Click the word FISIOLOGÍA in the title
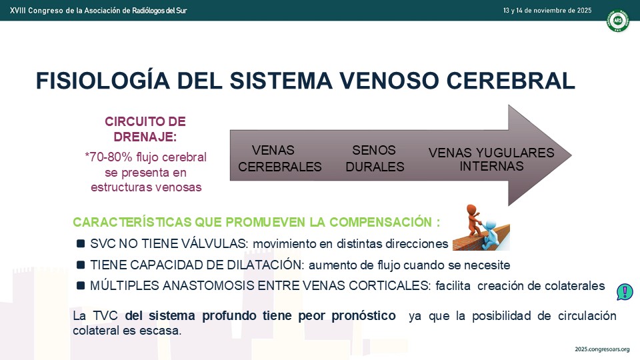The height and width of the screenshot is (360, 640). coord(103,81)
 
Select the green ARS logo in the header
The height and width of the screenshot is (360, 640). coord(617,20)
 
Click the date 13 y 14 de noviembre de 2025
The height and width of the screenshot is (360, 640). coord(547,11)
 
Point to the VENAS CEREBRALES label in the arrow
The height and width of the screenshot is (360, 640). coord(280,159)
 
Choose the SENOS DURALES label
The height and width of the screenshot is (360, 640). coord(375,159)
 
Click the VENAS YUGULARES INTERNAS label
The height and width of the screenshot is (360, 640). coord(491,159)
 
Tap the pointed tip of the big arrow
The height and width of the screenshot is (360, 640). coord(571,155)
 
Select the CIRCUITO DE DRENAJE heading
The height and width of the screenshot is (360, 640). coord(145,129)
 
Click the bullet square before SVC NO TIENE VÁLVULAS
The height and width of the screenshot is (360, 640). coord(81,244)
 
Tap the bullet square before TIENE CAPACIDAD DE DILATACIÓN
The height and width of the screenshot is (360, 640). coord(81,265)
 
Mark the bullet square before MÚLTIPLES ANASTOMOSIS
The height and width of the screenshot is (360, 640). coord(81,286)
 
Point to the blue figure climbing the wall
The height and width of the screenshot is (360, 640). coord(490,235)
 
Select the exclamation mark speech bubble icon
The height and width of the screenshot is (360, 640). coord(625,292)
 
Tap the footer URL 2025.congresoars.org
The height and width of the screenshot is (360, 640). coord(602,349)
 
